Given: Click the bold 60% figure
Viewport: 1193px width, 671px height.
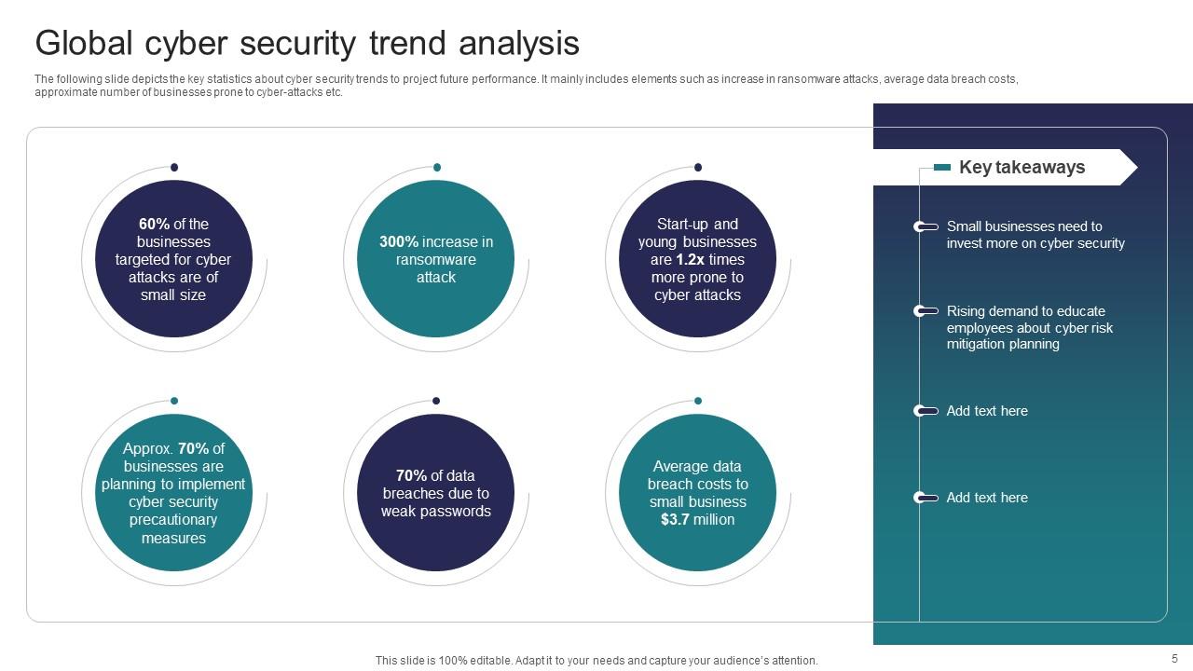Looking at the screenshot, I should click(154, 224).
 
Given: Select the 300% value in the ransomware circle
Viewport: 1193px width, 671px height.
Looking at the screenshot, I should click(399, 241).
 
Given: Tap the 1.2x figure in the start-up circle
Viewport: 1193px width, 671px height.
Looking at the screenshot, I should click(691, 260).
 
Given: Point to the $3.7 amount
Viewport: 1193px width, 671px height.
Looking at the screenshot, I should click(675, 520).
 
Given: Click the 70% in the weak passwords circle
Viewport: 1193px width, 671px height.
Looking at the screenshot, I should click(411, 475).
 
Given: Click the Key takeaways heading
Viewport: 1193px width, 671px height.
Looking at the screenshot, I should click(1022, 168).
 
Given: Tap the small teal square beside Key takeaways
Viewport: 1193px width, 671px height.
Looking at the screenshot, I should click(942, 168).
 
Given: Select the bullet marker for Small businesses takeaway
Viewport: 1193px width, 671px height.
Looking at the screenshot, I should click(925, 226).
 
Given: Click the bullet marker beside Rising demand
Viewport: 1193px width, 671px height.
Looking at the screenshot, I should click(925, 311).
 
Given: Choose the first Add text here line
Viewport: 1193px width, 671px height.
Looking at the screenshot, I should click(987, 411).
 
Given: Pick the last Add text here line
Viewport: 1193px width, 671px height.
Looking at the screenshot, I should click(987, 498).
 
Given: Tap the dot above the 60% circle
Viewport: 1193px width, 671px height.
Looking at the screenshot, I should click(174, 168).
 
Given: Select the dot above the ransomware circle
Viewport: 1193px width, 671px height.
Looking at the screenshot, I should click(436, 168).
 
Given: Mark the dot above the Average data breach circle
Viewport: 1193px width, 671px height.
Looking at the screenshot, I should click(698, 401).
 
